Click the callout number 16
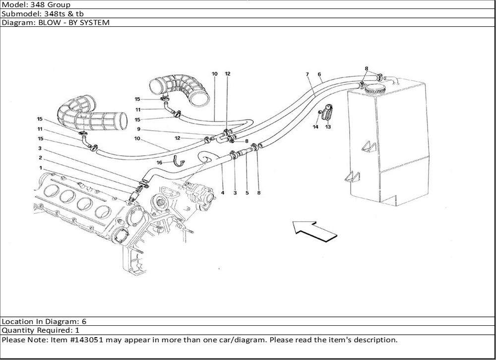point(160,163)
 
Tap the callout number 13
point(328,127)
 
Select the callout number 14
point(315,127)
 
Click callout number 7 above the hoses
point(308,74)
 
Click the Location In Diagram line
point(45,321)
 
